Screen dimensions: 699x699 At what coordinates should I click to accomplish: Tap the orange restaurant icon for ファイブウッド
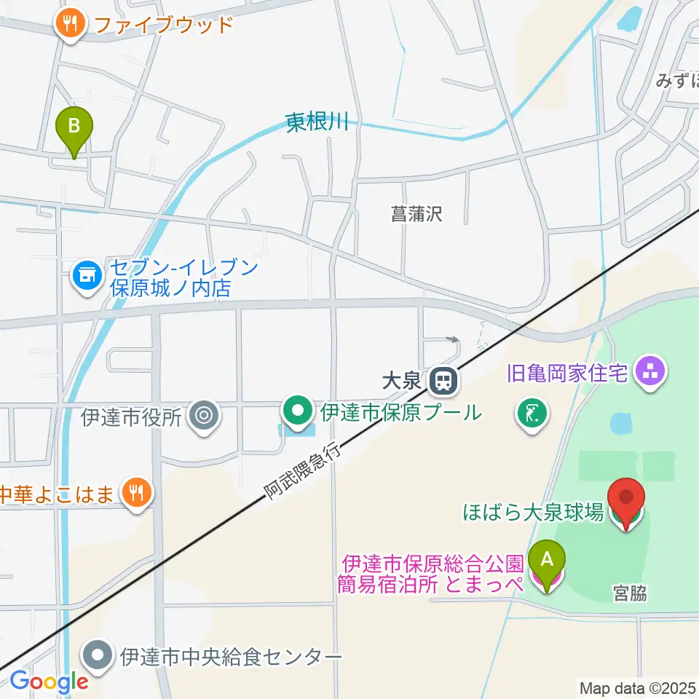pyautogui.click(x=71, y=24)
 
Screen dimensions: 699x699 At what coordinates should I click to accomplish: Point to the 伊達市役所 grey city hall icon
pyautogui.click(x=203, y=416)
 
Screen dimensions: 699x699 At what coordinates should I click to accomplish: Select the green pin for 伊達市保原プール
pyautogui.click(x=298, y=411)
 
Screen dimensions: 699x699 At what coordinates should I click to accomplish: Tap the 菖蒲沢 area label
pyautogui.click(x=416, y=213)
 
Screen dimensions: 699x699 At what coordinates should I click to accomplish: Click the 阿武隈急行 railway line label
pyautogui.click(x=302, y=471)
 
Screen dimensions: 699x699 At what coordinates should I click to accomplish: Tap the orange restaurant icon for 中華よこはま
pyautogui.click(x=135, y=494)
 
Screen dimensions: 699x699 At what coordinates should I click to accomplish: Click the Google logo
pyautogui.click(x=49, y=682)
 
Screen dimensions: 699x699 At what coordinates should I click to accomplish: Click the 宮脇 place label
pyautogui.click(x=630, y=594)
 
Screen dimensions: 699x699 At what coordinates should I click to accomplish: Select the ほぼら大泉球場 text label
pyautogui.click(x=534, y=513)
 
